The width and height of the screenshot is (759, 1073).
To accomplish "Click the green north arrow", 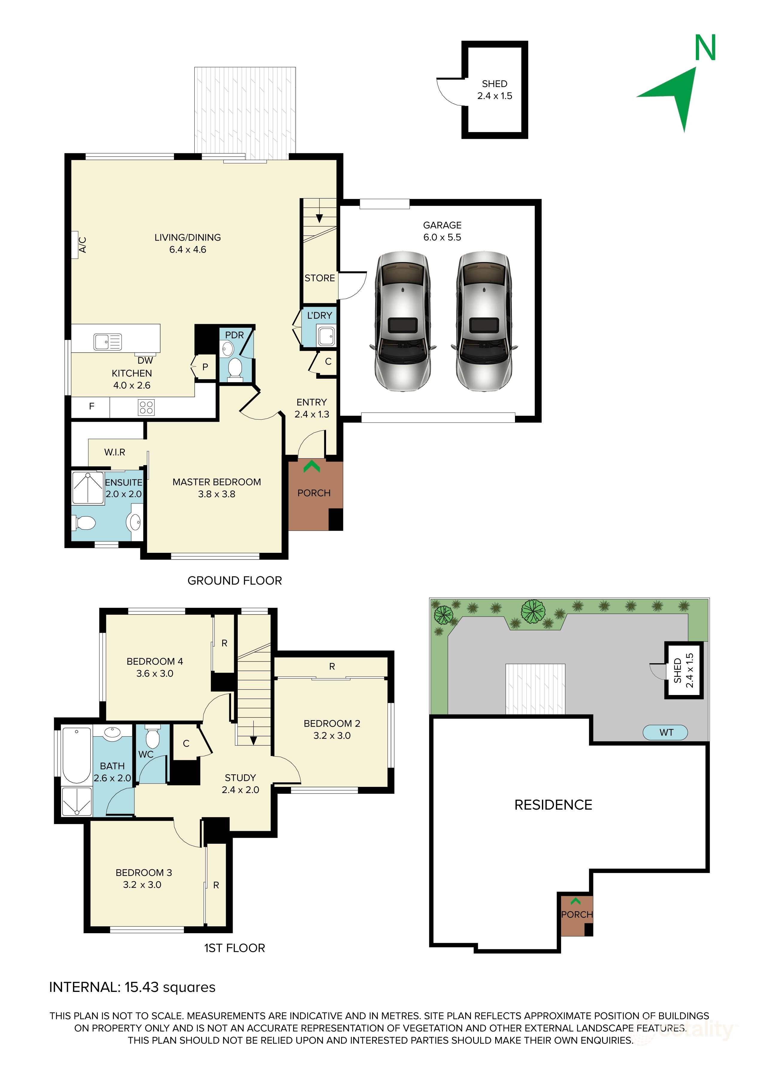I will click(x=678, y=96).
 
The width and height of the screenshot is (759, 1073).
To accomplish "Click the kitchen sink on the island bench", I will click(x=108, y=342).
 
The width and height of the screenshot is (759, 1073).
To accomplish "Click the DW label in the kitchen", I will click(x=145, y=360).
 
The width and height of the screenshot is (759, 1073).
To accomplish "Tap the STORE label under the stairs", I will click(x=320, y=278).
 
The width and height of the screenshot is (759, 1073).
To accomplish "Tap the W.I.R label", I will click(x=114, y=452).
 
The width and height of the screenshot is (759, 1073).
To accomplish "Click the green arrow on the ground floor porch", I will click(x=312, y=466).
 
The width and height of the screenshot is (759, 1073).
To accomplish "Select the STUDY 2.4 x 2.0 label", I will click(x=240, y=784).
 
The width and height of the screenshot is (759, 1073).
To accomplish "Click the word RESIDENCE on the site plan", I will click(x=553, y=805).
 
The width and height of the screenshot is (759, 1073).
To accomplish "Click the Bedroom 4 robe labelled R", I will click(x=224, y=644).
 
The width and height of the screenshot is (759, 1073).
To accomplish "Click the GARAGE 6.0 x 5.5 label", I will click(x=442, y=231).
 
